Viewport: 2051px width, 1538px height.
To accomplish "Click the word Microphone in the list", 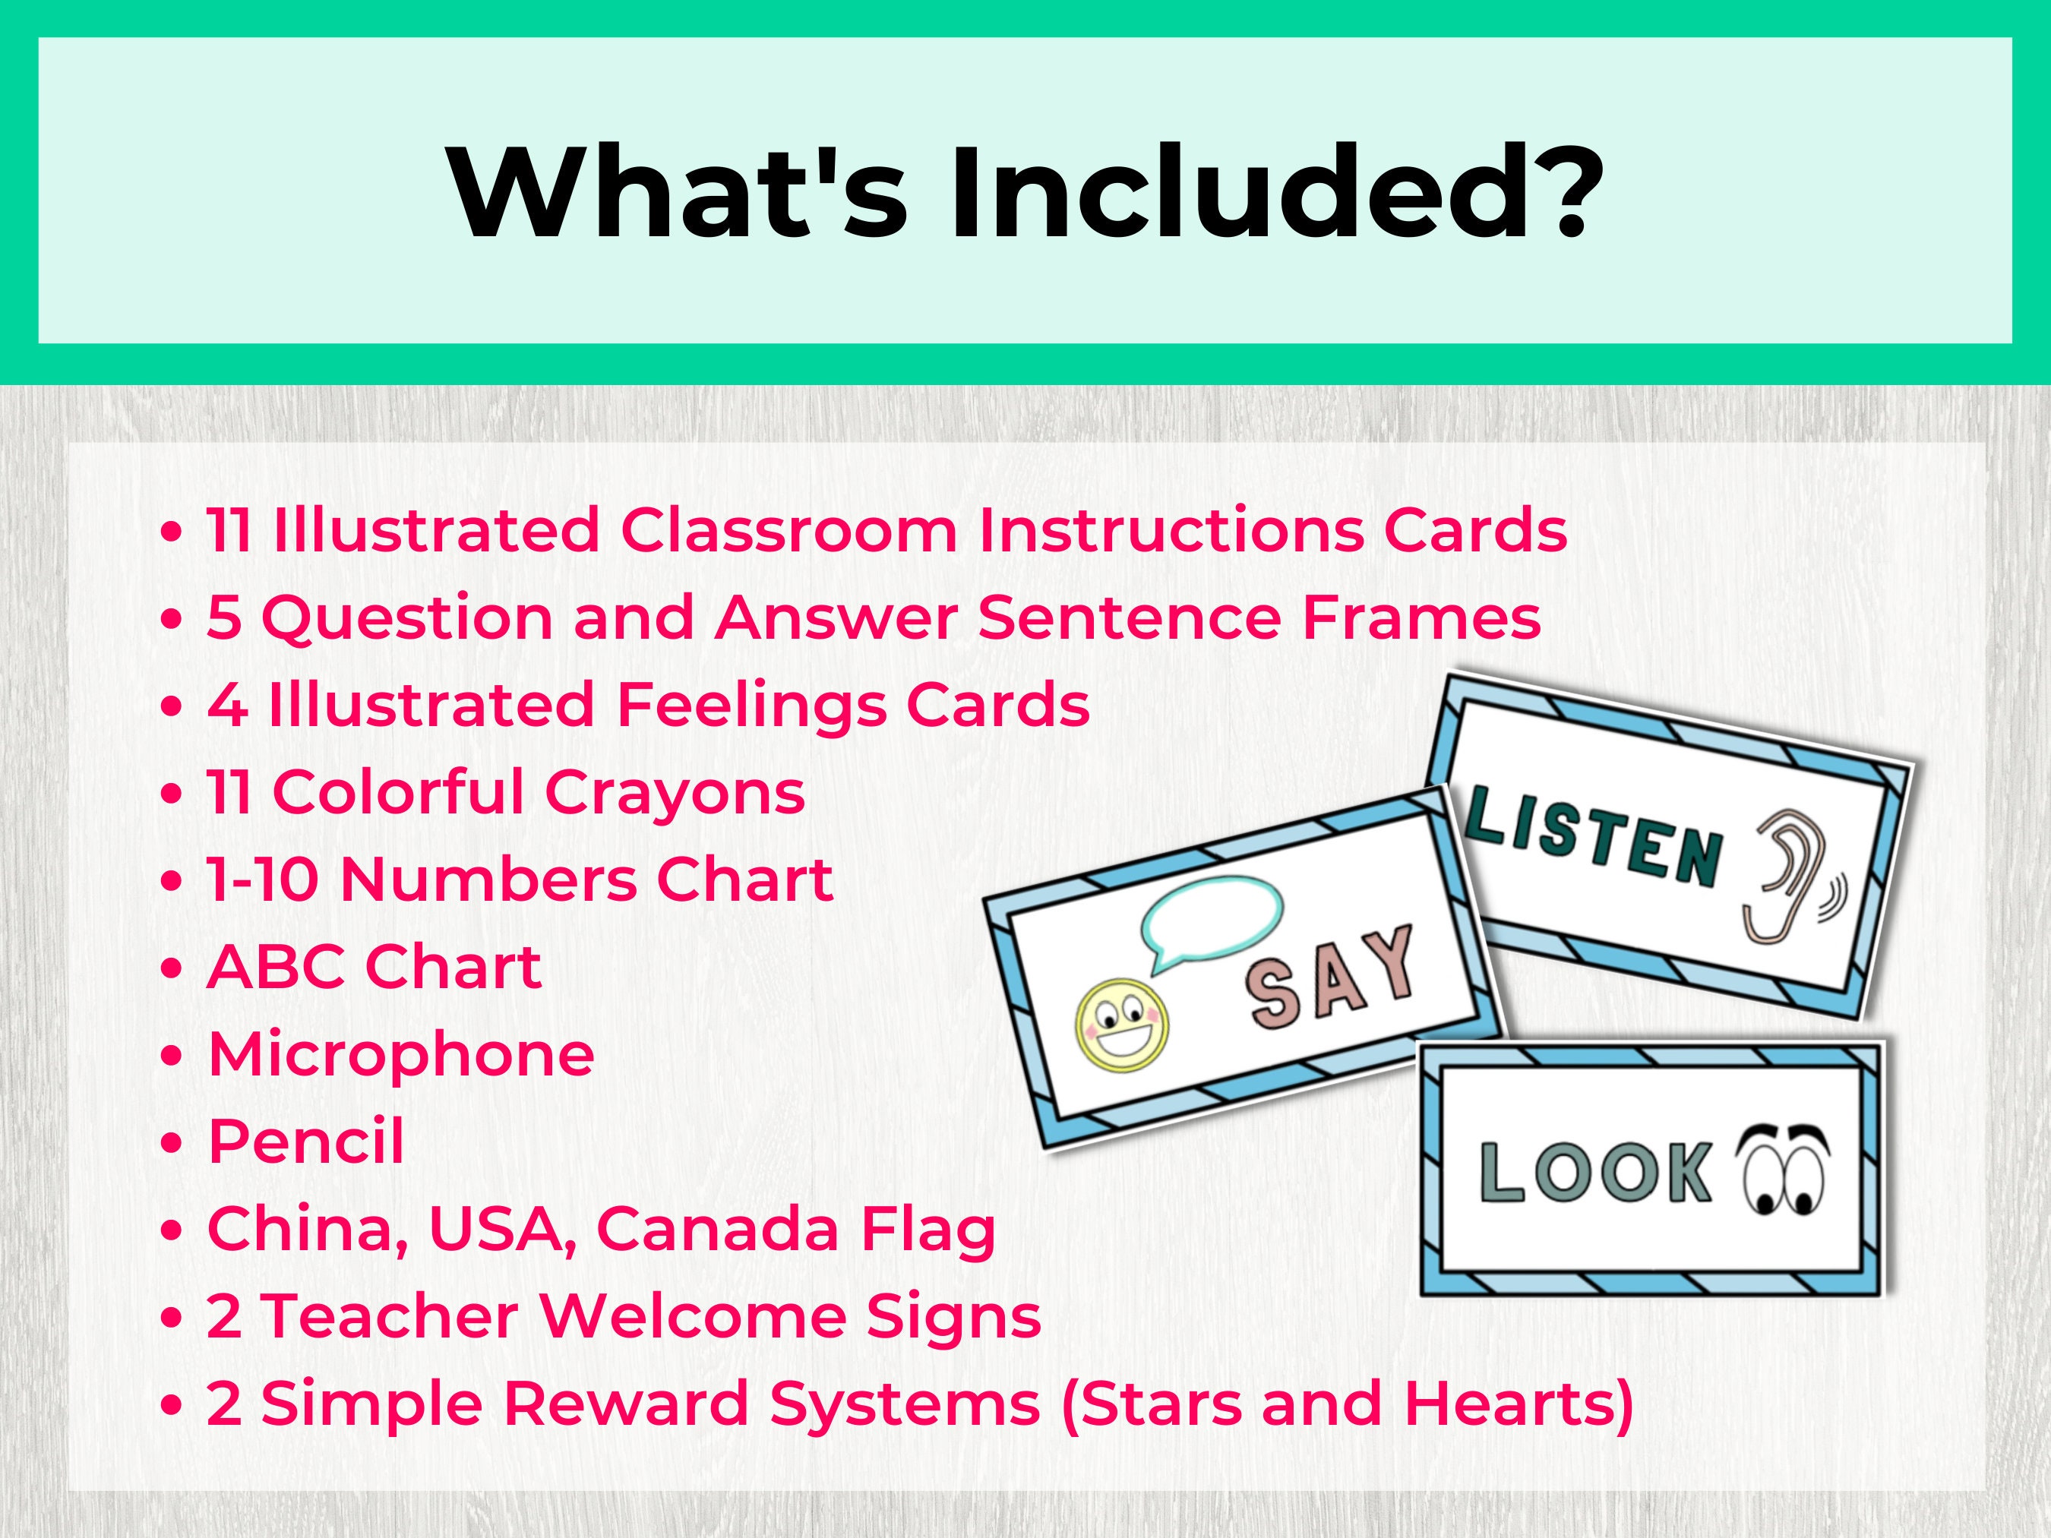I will (400, 1054).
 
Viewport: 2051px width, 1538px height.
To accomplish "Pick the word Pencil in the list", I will (306, 1142).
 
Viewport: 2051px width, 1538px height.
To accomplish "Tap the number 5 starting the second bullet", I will (223, 617).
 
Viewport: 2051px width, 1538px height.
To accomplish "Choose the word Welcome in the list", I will (692, 1315).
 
